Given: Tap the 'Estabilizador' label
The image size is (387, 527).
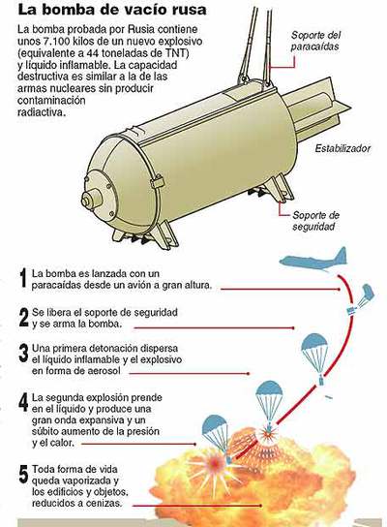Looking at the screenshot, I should [x=342, y=149].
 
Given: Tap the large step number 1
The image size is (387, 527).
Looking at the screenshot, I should [x=23, y=280].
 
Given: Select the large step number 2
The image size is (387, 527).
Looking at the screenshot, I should [x=23, y=318].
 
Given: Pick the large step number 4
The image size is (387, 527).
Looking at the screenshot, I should [x=23, y=403].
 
